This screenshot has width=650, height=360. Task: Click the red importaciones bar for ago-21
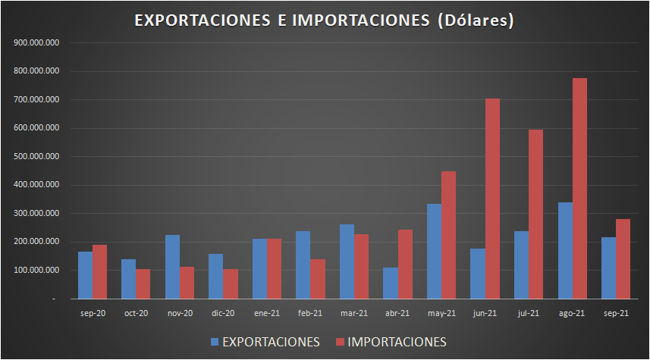click(x=579, y=189)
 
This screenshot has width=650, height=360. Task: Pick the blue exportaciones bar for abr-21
click(x=391, y=283)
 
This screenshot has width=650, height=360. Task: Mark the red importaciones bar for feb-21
click(x=317, y=279)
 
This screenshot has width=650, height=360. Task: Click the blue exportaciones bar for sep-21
click(x=608, y=268)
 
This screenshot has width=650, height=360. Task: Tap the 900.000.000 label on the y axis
click(x=37, y=43)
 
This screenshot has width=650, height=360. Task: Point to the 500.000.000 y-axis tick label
click(x=37, y=157)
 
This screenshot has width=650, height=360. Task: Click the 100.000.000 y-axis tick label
click(x=37, y=271)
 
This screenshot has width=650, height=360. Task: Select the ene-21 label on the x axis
click(x=266, y=313)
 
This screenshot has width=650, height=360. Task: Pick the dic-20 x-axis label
click(x=223, y=313)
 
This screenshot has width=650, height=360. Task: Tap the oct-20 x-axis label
click(x=136, y=313)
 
